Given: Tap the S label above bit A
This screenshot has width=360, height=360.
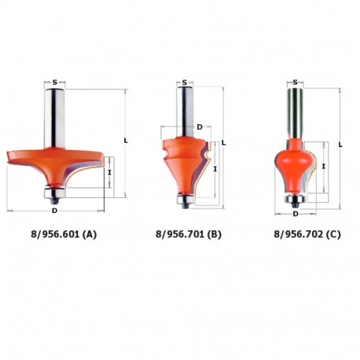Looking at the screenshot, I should (x=56, y=80).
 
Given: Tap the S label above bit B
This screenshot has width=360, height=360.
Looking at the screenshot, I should (x=183, y=81).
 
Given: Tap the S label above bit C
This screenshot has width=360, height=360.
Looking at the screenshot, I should (x=295, y=81).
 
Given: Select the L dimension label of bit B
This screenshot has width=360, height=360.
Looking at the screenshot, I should (x=225, y=142).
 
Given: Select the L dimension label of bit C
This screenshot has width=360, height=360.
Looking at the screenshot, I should (x=340, y=144).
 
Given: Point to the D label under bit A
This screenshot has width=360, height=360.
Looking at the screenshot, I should (x=54, y=211).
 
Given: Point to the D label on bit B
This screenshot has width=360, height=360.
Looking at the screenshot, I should (x=200, y=126).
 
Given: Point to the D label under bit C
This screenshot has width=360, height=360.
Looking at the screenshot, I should (x=295, y=213).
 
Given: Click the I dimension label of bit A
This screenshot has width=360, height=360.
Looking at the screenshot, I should (x=110, y=172).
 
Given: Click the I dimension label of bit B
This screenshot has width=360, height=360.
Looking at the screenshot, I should (x=215, y=168).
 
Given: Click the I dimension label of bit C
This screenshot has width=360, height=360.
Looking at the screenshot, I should (x=324, y=167).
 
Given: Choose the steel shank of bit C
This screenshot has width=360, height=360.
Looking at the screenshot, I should (x=295, y=110).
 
